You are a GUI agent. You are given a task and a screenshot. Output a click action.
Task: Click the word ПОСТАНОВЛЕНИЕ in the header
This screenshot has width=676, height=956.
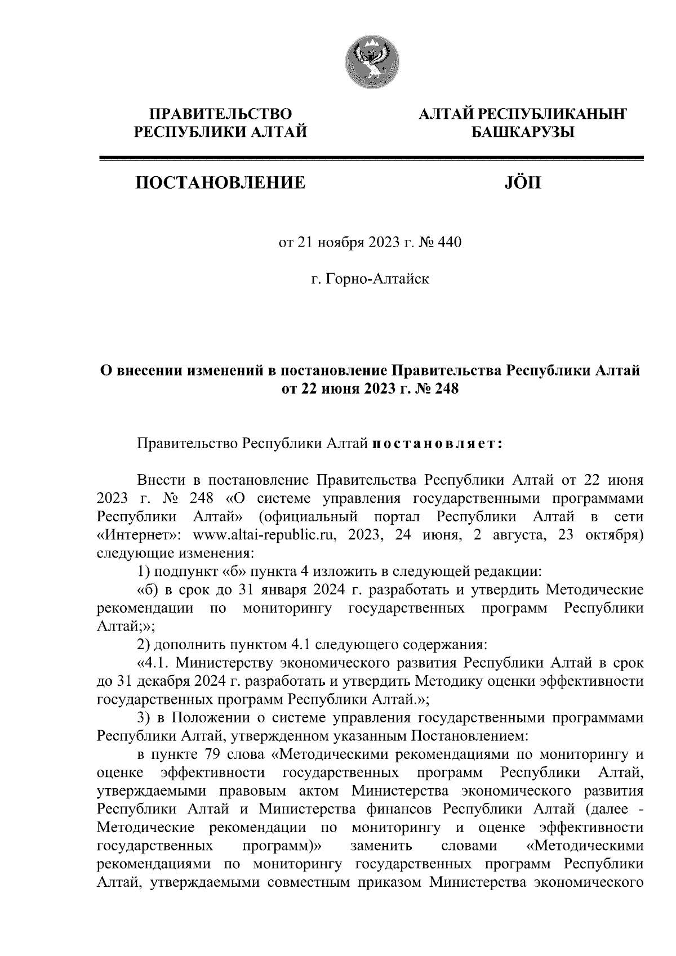(x=220, y=182)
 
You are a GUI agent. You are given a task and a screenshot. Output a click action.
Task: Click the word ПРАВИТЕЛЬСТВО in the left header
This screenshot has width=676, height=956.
(x=220, y=114)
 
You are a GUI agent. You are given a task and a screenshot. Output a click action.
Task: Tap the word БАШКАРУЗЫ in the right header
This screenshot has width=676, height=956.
(x=522, y=133)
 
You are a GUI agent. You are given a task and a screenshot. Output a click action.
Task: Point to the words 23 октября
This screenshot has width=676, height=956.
(x=600, y=534)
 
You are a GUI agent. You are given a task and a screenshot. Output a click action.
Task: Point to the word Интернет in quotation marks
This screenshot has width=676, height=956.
(x=139, y=534)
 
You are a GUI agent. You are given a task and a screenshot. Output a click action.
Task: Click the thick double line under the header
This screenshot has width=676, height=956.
(x=371, y=159)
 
